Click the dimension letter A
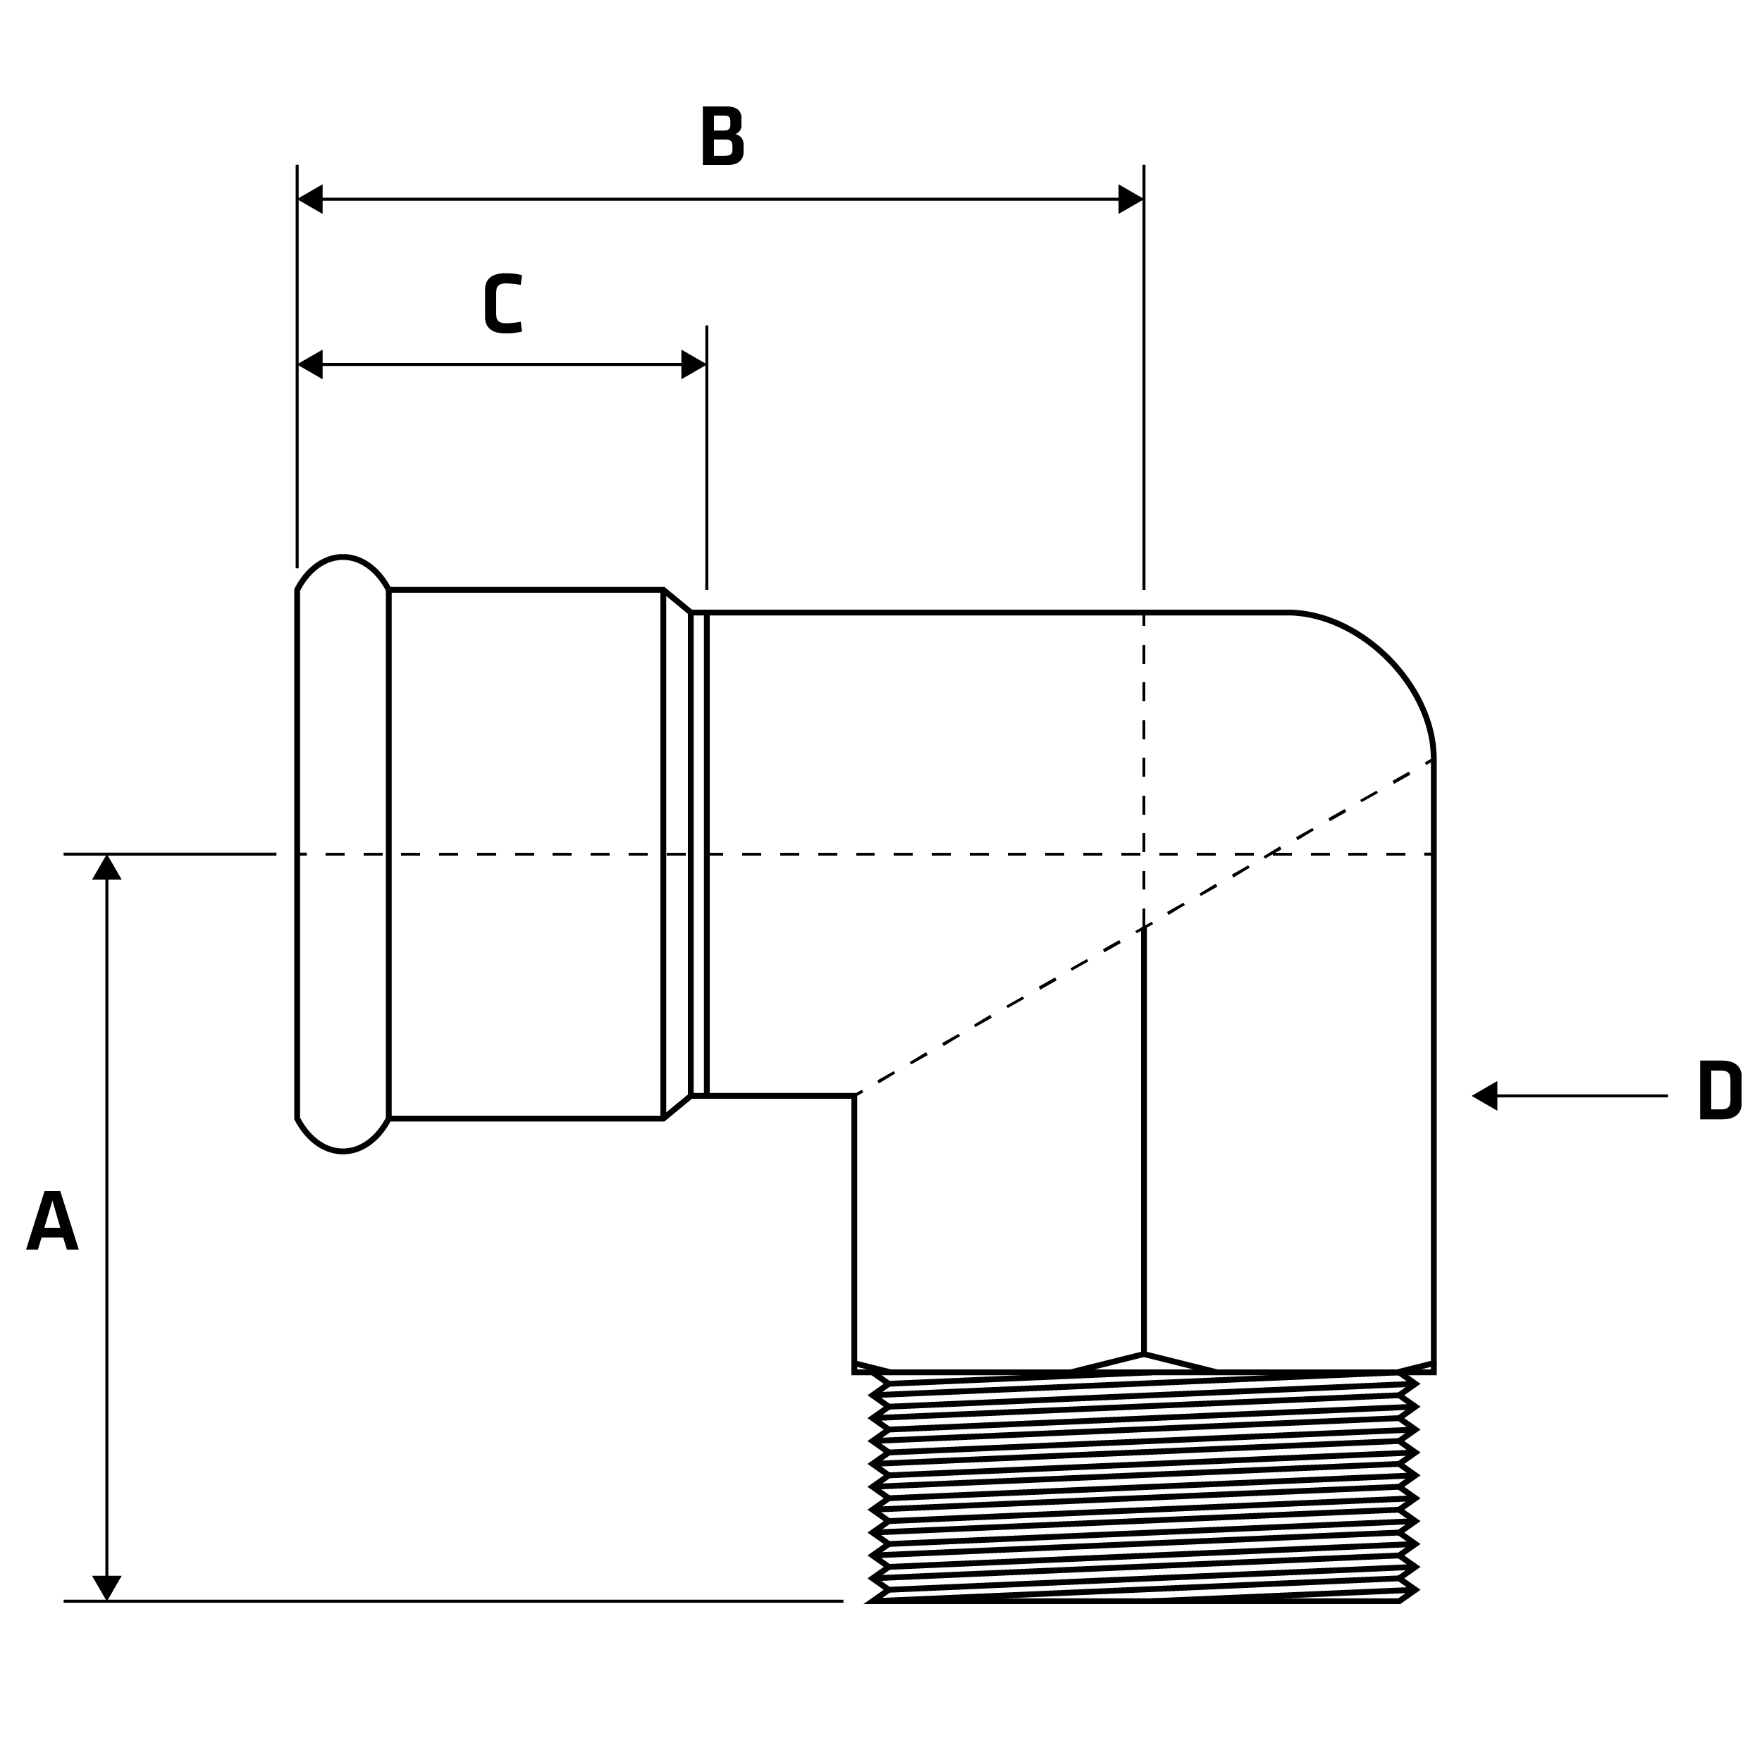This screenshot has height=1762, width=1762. [52, 1220]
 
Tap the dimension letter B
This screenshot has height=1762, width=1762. [722, 136]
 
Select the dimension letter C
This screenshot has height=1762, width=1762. [503, 303]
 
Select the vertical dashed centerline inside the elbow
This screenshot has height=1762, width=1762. [1144, 766]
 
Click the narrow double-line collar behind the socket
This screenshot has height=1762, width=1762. [698, 854]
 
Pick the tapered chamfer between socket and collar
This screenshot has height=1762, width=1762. [676, 854]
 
